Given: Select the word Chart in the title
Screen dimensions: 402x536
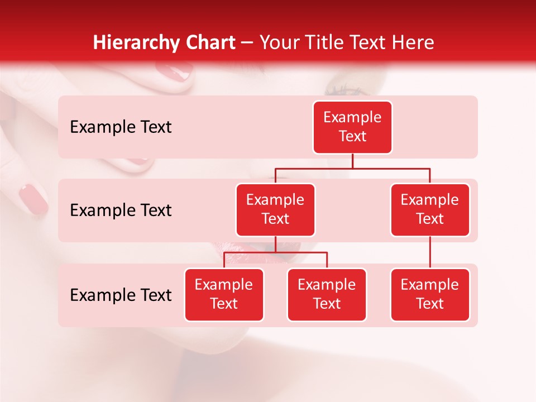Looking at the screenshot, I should (x=208, y=42).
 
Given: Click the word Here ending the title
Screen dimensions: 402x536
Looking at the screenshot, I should (x=411, y=42).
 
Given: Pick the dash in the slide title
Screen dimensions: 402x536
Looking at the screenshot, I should (x=247, y=43).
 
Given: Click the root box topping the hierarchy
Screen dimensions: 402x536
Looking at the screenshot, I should (x=352, y=127).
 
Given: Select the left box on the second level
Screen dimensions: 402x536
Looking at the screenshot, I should (x=275, y=209).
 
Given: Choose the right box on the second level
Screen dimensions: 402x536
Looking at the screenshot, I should (x=430, y=209).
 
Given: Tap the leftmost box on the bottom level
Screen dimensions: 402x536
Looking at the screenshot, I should (x=224, y=294).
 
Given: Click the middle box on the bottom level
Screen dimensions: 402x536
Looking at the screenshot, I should (x=327, y=294).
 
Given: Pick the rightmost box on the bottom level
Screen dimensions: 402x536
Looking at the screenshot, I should (x=430, y=294).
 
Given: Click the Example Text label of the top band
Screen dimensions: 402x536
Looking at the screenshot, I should (x=121, y=127).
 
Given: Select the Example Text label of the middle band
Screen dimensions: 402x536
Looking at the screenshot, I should (x=121, y=210).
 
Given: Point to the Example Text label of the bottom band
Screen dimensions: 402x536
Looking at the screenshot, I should (x=121, y=295).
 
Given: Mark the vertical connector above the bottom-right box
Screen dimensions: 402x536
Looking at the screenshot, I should (x=430, y=252).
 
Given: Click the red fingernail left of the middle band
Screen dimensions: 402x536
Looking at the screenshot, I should (x=33, y=199).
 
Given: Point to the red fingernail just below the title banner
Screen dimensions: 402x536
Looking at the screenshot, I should (x=173, y=71).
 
